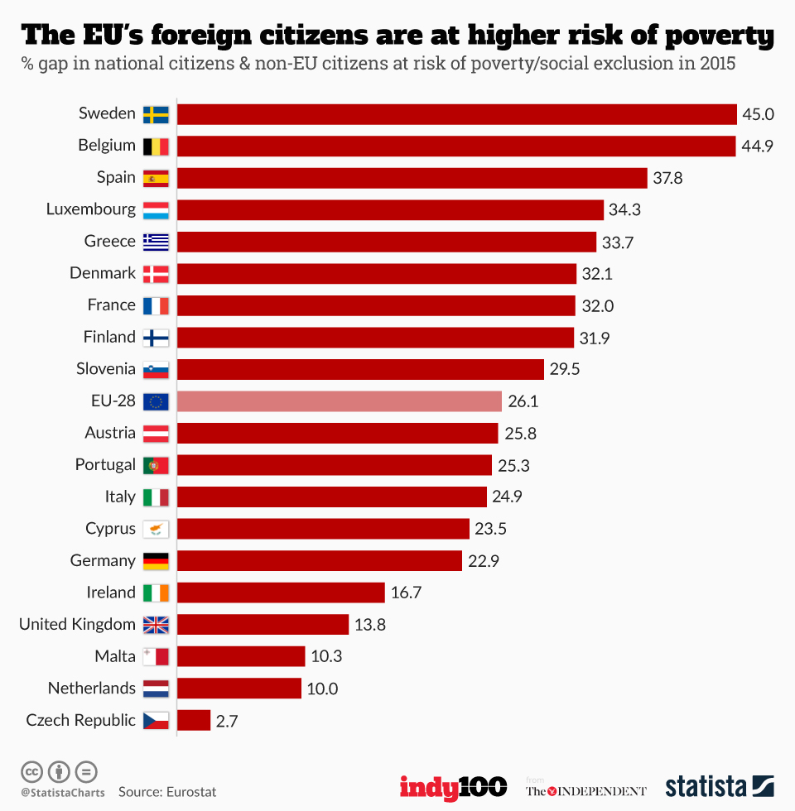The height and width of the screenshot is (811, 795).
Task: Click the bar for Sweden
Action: (456, 114)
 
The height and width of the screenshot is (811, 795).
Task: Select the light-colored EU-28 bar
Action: (340, 401)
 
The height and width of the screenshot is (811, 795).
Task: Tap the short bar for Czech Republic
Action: (194, 720)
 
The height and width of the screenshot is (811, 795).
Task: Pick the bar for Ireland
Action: (281, 593)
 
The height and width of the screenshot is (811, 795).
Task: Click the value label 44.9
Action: (758, 146)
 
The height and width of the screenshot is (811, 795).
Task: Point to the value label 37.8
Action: (667, 178)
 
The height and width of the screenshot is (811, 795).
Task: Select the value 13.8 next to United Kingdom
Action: (370, 625)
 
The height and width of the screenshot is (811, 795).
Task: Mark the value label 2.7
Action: (227, 721)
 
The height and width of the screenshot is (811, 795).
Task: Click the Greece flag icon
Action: (156, 242)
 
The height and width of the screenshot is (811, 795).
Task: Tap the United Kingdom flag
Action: (156, 625)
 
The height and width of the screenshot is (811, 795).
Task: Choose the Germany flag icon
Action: (156, 561)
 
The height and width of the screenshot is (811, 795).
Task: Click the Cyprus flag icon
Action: (156, 529)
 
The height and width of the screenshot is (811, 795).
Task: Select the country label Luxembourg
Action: (90, 209)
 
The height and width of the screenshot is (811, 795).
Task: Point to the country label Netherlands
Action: (91, 689)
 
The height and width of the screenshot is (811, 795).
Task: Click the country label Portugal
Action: (105, 465)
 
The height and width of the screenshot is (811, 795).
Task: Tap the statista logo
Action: (719, 786)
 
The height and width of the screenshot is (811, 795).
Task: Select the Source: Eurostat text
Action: (167, 792)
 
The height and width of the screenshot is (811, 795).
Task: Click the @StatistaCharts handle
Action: (63, 793)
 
